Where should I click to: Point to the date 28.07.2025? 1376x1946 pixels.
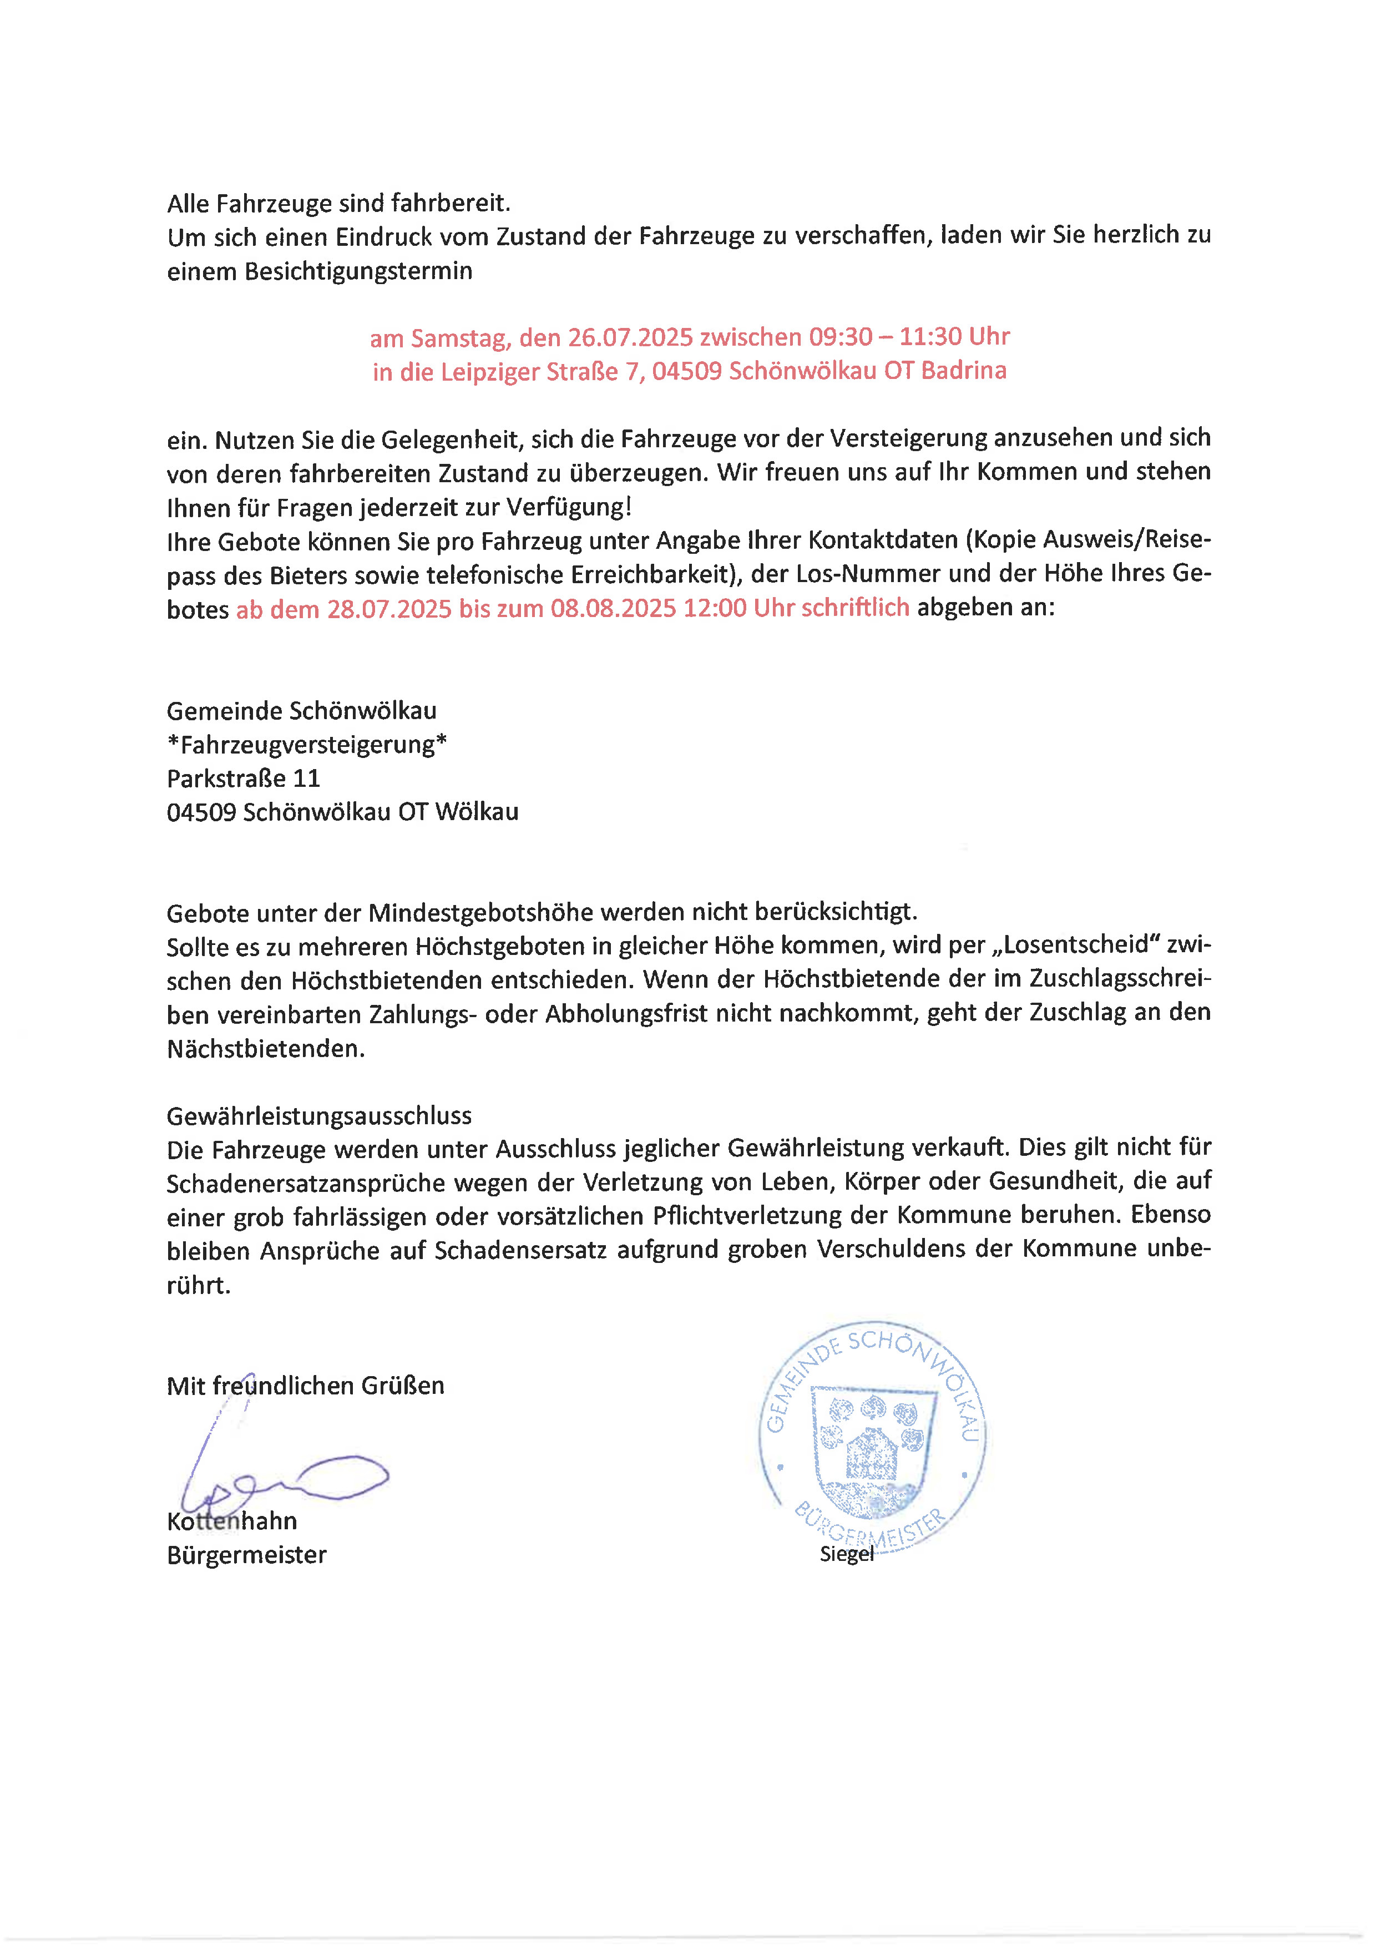tap(389, 609)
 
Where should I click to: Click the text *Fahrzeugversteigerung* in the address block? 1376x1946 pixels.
tap(307, 744)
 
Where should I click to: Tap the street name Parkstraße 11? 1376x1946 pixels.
tap(243, 778)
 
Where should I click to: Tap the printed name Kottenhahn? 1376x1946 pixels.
tap(232, 1522)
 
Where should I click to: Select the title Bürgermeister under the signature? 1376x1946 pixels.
tap(246, 1555)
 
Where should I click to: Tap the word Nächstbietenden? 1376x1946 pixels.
tap(265, 1048)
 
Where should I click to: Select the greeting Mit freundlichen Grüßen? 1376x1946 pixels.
tap(305, 1386)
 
